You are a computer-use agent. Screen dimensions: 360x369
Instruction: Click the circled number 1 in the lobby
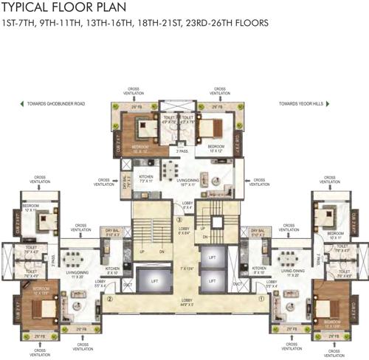click(x=261, y=299)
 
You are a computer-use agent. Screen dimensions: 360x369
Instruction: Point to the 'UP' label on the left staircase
click(x=143, y=251)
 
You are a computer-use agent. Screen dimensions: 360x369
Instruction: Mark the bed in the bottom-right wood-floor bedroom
click(x=331, y=297)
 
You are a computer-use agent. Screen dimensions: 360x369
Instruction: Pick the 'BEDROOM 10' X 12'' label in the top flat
click(x=216, y=148)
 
